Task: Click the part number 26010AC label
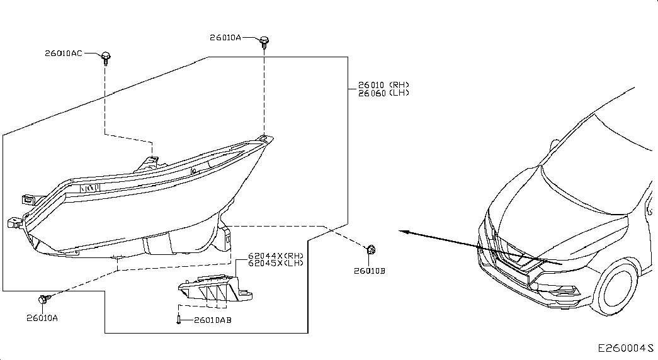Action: pos(64,53)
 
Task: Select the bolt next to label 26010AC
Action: pos(106,58)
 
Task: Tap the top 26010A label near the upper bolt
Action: pos(225,37)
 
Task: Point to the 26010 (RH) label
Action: pos(383,85)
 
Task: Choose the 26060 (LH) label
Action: pos(383,93)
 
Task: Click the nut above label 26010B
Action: pos(370,250)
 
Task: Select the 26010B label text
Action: pos(369,271)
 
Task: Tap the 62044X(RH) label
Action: pos(275,256)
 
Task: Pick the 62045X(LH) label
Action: pos(275,263)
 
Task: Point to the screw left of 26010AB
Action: pos(179,320)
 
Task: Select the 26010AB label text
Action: pos(213,320)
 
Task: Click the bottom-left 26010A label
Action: pos(42,318)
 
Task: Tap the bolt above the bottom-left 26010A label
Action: pos(44,299)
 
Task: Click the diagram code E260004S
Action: pos(626,348)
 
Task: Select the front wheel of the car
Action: pos(617,289)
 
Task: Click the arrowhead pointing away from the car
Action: pos(404,231)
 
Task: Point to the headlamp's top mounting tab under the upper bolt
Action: pos(264,138)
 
